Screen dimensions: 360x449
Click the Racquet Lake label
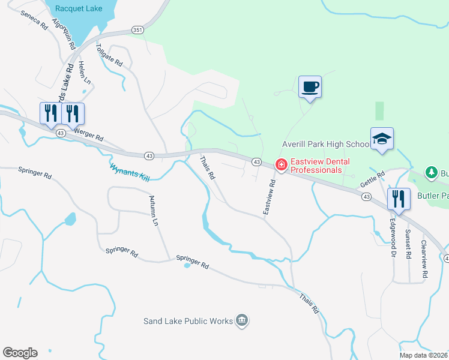point(78,9)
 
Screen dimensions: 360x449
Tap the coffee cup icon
point(310,87)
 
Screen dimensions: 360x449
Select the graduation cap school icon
point(382,139)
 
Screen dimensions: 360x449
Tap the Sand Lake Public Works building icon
point(242,320)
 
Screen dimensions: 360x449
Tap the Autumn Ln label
point(155,211)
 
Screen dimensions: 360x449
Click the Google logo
point(20,353)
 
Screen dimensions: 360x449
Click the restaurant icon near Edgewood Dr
point(399,199)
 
